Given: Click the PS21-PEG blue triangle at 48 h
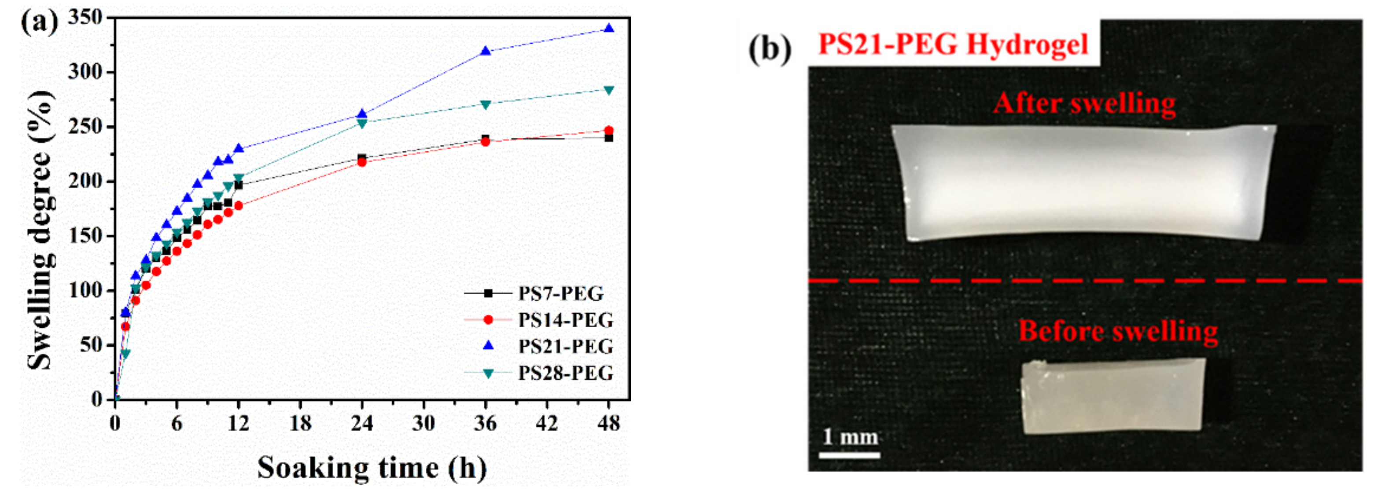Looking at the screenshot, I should [608, 29].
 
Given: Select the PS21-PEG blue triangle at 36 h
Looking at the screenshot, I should [486, 51].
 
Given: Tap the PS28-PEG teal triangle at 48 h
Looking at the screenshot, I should [608, 90].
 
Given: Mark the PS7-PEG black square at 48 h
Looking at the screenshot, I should [608, 138].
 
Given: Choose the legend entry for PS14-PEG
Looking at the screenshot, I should [565, 320].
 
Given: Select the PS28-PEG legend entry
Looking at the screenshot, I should [565, 373].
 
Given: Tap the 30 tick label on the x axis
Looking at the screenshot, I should [424, 424].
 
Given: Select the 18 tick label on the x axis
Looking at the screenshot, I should [300, 424].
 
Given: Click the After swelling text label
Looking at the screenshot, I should [1084, 103].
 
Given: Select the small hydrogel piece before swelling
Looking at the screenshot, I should [1112, 395].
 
